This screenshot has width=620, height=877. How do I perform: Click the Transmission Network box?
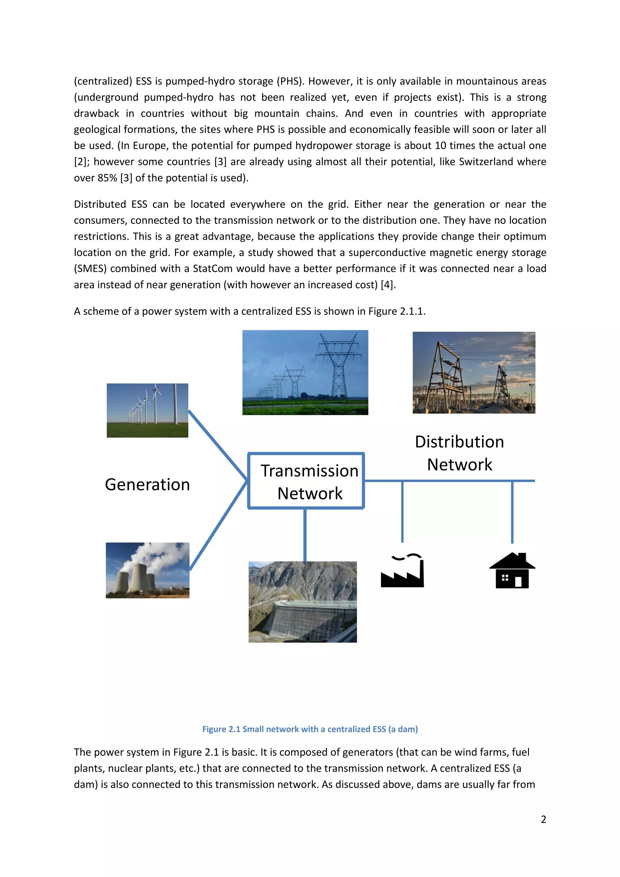[306, 481]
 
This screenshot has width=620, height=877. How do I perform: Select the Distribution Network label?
[459, 453]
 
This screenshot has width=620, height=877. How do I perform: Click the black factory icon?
[402, 571]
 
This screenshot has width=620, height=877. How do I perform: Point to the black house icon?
[512, 571]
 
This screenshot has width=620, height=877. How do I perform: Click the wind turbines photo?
[147, 410]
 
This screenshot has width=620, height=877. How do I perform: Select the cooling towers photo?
[147, 570]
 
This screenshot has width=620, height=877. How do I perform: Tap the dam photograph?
[302, 602]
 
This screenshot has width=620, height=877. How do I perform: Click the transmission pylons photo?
[305, 373]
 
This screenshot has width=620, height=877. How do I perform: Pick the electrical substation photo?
[474, 373]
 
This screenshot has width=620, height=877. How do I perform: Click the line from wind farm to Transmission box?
[218, 445]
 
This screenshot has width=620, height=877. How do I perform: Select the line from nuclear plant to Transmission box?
[219, 525]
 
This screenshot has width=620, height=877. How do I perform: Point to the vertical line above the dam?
[305, 535]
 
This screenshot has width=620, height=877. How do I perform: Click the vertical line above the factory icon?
[402, 512]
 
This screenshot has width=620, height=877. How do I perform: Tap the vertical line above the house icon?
[512, 512]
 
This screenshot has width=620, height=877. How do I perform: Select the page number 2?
[543, 819]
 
